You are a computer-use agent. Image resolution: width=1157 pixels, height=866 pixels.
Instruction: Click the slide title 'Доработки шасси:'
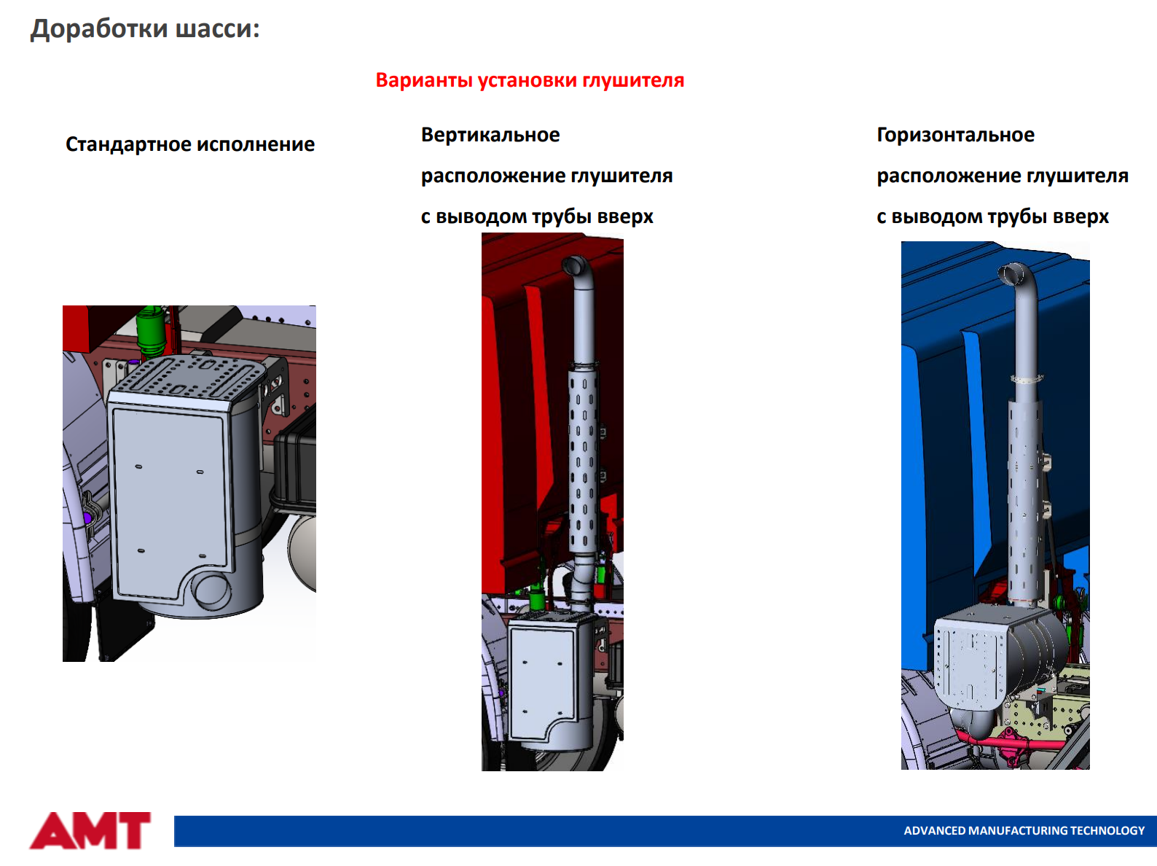[x=145, y=29]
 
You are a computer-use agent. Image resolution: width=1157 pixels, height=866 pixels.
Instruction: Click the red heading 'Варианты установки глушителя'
[x=530, y=81]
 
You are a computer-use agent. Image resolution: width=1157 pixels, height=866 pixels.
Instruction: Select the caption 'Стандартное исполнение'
[x=189, y=144]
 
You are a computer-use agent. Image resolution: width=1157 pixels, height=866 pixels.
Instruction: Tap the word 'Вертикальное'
[x=490, y=136]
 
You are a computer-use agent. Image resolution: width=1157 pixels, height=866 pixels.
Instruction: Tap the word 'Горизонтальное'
[x=955, y=136]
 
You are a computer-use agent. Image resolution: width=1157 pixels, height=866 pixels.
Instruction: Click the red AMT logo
[x=90, y=831]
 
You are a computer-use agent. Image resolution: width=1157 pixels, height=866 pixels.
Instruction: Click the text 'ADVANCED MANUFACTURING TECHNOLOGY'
[x=1024, y=831]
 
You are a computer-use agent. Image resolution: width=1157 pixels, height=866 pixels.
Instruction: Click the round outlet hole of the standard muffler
[x=211, y=590]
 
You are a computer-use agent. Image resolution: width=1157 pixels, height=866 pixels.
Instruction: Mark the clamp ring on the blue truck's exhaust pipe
[x=1027, y=378]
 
